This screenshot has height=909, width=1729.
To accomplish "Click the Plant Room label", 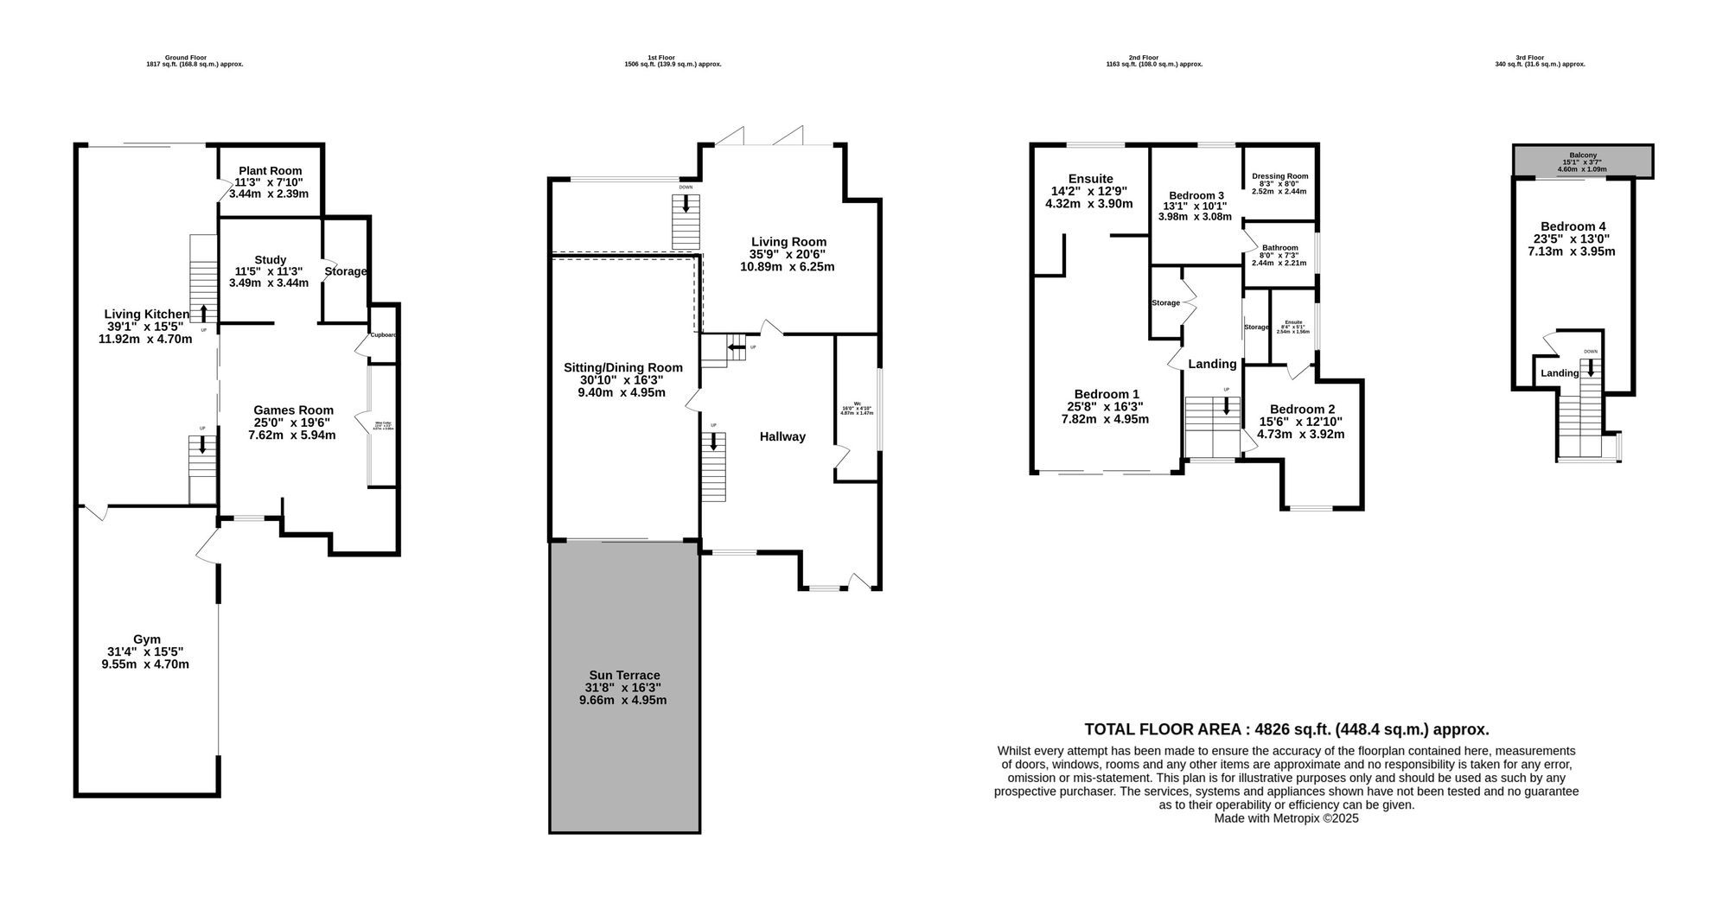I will pos(269,171).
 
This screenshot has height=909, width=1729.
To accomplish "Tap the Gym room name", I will pos(146,639).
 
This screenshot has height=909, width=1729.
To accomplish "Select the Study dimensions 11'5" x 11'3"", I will pos(268,271).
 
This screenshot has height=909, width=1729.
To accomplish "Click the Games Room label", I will pos(293,410).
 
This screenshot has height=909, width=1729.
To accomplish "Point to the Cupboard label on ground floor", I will pos(383,335).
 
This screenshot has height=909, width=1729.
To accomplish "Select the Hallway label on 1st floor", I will pos(782,437).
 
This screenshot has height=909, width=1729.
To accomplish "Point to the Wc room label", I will pos(858,403).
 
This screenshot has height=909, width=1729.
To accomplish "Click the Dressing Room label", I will pos(1279,177).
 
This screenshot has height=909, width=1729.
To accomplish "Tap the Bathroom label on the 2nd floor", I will pos(1279,248).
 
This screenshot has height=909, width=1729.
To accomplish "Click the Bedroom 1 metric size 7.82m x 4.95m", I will pos(1105,419).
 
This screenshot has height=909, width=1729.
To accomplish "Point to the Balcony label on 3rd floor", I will pos(1583,156).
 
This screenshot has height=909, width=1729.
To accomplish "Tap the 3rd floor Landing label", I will pos(1560,373).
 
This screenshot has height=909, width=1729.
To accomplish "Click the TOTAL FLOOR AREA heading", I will pos(1286,729).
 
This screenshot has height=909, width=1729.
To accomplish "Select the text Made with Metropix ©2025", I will pos(1286,818).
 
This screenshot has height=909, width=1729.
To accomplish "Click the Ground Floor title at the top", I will pos(186,58).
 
